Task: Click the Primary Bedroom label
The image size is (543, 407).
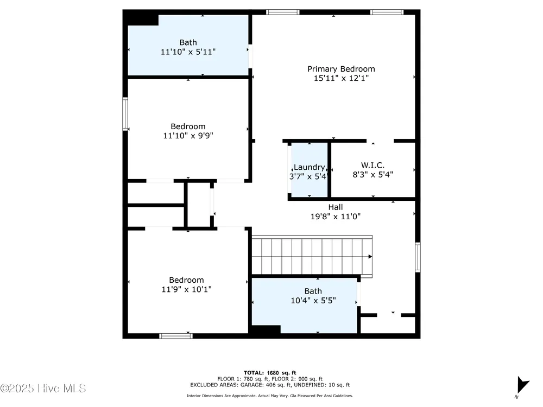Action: pyautogui.click(x=341, y=69)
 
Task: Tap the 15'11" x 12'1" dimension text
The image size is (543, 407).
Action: pyautogui.click(x=341, y=78)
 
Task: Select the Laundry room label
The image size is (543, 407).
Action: pyautogui.click(x=310, y=168)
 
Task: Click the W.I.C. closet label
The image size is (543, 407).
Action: pyautogui.click(x=372, y=166)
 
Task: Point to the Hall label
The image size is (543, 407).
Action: pyautogui.click(x=336, y=207)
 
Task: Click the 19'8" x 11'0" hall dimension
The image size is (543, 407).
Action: pyautogui.click(x=336, y=217)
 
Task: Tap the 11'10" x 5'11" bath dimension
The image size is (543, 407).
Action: pyautogui.click(x=188, y=52)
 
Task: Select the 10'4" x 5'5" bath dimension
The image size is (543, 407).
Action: pyautogui.click(x=313, y=301)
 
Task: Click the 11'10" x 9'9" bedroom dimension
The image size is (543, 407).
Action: pyautogui.click(x=188, y=136)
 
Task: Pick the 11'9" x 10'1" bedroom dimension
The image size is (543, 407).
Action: pyautogui.click(x=186, y=289)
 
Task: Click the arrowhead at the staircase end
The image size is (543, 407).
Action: pyautogui.click(x=370, y=257)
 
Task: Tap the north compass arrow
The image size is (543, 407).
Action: pyautogui.click(x=522, y=385)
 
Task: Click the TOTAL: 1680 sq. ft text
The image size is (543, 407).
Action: pyautogui.click(x=270, y=373)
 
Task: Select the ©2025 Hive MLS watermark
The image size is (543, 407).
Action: pyautogui.click(x=43, y=389)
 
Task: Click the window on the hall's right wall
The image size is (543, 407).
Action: pyautogui.click(x=418, y=257)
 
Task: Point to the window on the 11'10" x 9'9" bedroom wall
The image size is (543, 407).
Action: pyautogui.click(x=125, y=114)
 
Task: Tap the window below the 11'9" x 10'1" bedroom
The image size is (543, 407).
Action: pyautogui.click(x=176, y=336)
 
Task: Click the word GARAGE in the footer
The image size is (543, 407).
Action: pyautogui.click(x=254, y=385)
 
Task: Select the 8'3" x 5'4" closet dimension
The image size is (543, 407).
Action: pyautogui.click(x=372, y=175)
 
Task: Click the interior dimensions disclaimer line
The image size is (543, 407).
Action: pyautogui.click(x=270, y=396)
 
